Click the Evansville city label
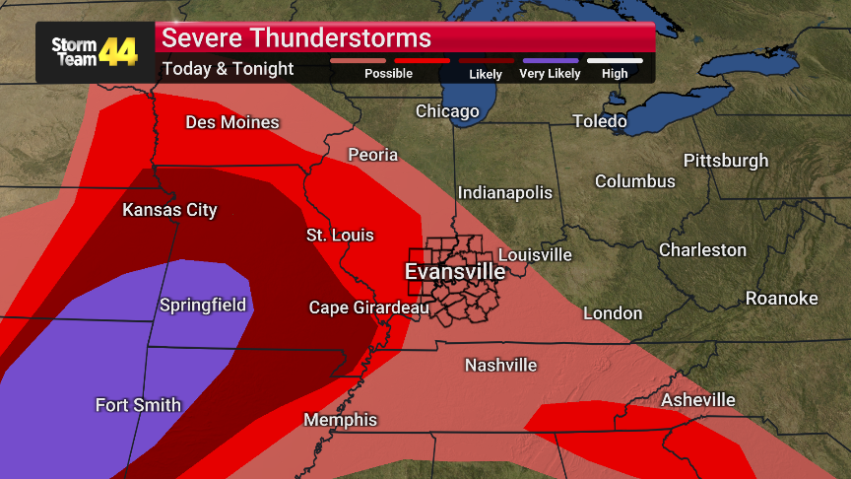[455, 272]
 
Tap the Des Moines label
[232, 123]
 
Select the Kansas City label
[169, 210]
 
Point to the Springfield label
[203, 306]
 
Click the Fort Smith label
[138, 405]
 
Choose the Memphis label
[340, 420]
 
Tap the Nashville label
[500, 366]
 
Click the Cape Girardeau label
[368, 308]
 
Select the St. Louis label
[340, 236]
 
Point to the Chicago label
[447, 111]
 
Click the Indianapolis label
[504, 192]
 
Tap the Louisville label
[535, 255]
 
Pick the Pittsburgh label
[725, 161]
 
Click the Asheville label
[697, 400]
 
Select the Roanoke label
[781, 299]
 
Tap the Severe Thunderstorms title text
[296, 38]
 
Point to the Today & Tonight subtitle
[228, 69]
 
